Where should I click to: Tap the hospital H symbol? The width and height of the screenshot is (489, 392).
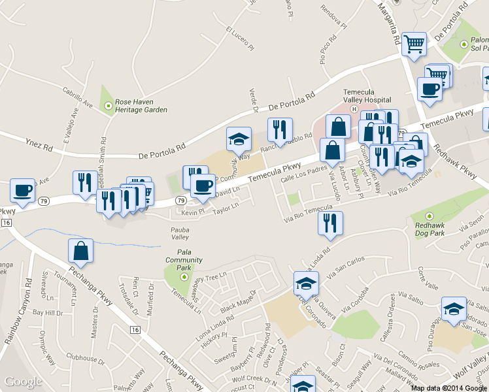(x=353, y=108)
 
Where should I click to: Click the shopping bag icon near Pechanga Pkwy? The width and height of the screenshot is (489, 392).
(x=80, y=250)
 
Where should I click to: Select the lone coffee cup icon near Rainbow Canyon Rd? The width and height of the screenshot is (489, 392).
(x=23, y=190)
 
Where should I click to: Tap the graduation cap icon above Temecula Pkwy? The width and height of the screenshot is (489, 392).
(x=239, y=139)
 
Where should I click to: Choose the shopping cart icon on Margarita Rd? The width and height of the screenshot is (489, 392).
(x=413, y=44)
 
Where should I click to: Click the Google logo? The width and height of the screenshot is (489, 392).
(x=24, y=382)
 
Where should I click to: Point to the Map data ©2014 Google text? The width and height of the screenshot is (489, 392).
(x=448, y=388)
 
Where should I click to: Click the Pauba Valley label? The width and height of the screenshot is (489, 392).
(x=180, y=233)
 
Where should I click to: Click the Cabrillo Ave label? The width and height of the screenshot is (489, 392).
(x=78, y=99)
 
